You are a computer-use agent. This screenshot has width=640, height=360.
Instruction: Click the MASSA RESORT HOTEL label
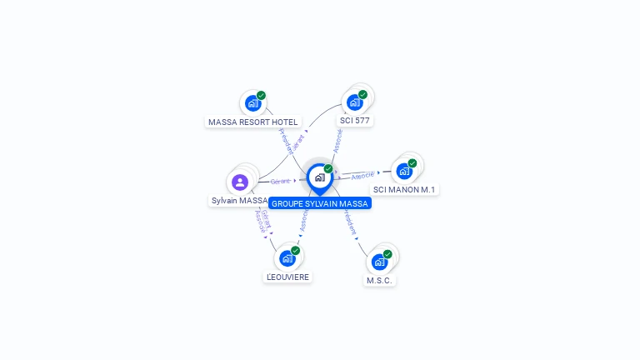coord(252,122)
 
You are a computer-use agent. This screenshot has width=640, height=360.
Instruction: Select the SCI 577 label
coord(354,120)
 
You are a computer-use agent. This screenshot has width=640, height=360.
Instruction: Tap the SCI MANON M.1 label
coord(404,189)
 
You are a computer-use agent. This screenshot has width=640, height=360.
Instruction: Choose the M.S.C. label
coord(379,280)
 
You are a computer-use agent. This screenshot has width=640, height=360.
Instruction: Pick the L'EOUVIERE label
coord(287,277)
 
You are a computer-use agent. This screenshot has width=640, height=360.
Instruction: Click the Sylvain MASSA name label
coord(239,200)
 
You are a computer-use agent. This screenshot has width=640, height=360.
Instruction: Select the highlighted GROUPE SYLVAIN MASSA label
coord(319,203)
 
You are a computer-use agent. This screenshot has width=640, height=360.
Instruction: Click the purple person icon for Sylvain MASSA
coord(240,182)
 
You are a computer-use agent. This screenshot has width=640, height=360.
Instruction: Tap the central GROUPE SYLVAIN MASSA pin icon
coord(319,177)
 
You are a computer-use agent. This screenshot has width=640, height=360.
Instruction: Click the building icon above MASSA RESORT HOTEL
coord(252,103)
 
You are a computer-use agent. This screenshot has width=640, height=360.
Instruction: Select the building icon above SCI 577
coord(354,102)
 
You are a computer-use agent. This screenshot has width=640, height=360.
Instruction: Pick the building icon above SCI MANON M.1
coord(404,171)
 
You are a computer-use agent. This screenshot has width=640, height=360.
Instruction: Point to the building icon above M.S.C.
coord(379,262)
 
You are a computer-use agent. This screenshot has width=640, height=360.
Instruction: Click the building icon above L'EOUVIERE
coord(287,258)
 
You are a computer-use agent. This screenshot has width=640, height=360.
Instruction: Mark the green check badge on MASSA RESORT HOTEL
coord(261,96)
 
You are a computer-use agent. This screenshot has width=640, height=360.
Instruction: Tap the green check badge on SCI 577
coord(362,94)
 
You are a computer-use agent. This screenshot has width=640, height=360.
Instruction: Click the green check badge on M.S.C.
coord(387,253)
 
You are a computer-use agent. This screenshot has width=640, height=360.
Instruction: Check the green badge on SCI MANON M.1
coord(412,163)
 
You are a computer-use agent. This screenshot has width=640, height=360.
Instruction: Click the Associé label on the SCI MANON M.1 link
coord(362,176)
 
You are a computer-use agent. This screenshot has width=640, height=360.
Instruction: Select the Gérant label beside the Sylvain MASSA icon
coord(280,181)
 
